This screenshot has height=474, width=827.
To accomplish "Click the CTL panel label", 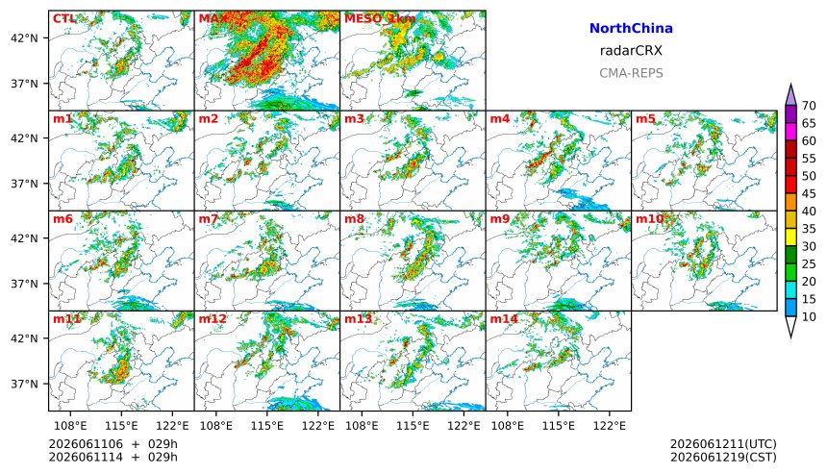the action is pyautogui.click(x=64, y=19).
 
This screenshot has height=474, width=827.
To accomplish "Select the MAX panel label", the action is pyautogui.click(x=213, y=19).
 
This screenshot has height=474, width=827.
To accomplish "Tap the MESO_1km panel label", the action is pyautogui.click(x=380, y=19).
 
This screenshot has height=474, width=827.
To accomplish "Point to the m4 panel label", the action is pyautogui.click(x=499, y=118).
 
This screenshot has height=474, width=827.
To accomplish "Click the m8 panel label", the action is pyautogui.click(x=354, y=219).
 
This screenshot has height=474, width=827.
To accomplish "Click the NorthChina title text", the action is pyautogui.click(x=631, y=29).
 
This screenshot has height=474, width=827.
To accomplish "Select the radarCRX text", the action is pyautogui.click(x=631, y=51).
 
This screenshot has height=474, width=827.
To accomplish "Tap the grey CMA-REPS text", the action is pyautogui.click(x=631, y=73).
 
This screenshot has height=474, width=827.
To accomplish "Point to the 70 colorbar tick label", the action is pyautogui.click(x=809, y=106).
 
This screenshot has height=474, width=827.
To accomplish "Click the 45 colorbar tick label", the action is pyautogui.click(x=809, y=194).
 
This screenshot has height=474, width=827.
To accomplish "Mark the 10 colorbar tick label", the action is pyautogui.click(x=809, y=317).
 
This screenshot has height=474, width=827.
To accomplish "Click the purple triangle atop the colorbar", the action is pyautogui.click(x=790, y=95).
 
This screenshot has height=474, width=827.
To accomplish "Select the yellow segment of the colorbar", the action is pyautogui.click(x=790, y=237).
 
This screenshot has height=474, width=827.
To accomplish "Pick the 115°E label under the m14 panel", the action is pyautogui.click(x=558, y=425).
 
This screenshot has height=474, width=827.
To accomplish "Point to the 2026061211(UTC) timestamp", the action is pyautogui.click(x=723, y=444).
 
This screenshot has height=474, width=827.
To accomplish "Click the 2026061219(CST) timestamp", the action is pyautogui.click(x=723, y=457).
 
